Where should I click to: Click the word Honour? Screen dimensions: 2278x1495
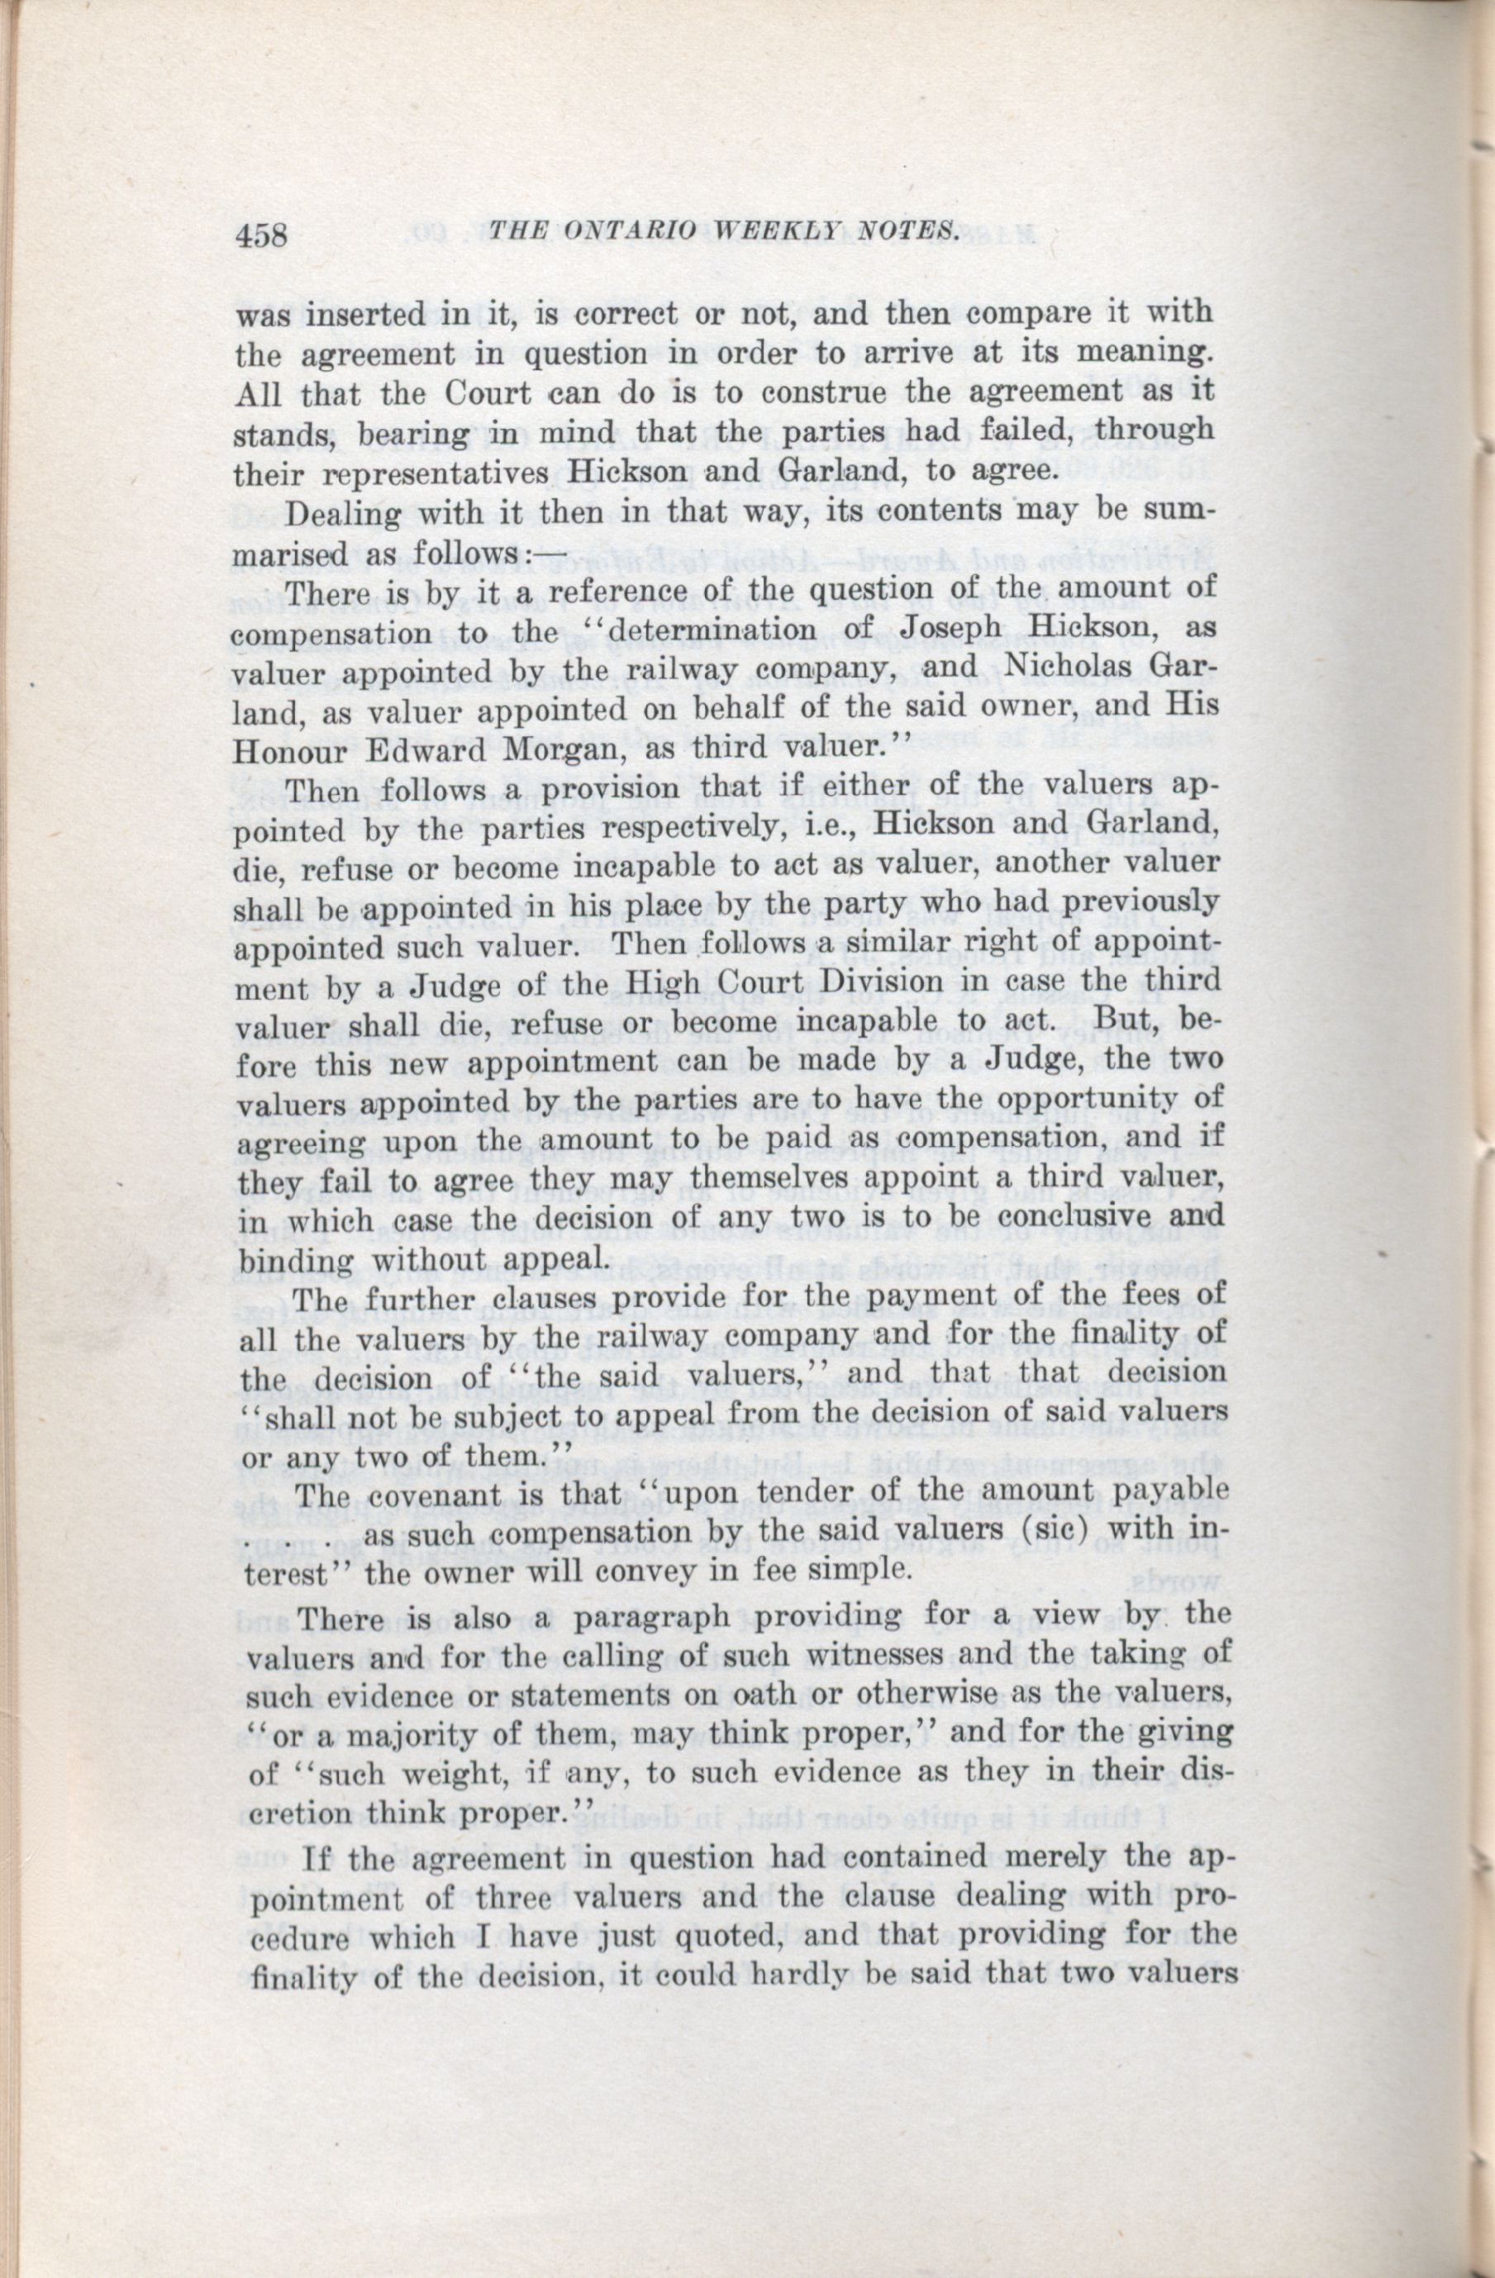286,750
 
